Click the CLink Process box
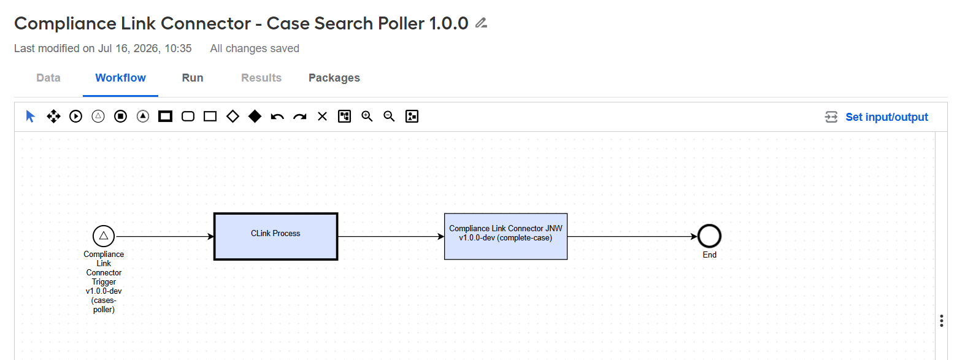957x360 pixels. [x=275, y=236]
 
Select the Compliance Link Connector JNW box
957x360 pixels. [x=506, y=236]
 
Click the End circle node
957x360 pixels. [x=709, y=236]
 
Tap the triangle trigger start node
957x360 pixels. [x=104, y=236]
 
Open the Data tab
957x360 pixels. [x=48, y=78]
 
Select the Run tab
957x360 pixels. [x=193, y=78]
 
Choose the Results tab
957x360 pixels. [x=261, y=78]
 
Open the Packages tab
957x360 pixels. [x=334, y=78]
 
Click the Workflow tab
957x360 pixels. [x=120, y=78]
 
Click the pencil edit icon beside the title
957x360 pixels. [x=482, y=23]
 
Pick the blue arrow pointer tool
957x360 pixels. [x=30, y=116]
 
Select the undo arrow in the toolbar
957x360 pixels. [x=277, y=117]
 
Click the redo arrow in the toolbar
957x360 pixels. [x=300, y=117]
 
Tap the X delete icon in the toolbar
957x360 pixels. [x=322, y=117]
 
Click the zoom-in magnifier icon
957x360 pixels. [x=367, y=116]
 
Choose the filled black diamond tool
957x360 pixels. [x=255, y=116]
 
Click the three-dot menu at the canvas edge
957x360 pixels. [x=942, y=321]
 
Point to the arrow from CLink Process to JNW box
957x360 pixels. [x=391, y=236]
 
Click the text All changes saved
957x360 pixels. [x=255, y=48]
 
